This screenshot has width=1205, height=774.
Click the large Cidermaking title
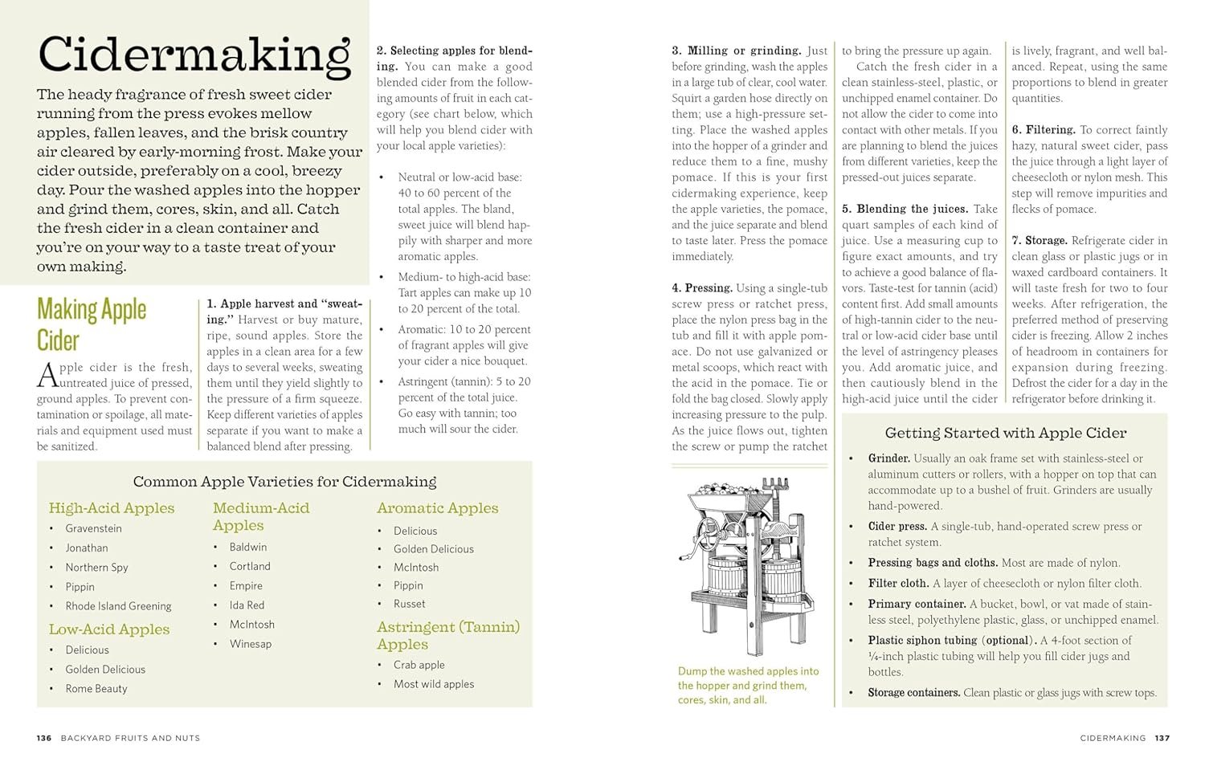coord(194,55)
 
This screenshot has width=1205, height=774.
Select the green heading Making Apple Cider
coord(92,324)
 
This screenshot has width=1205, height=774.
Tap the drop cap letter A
coord(47,375)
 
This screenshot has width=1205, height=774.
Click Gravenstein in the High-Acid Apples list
coord(94,528)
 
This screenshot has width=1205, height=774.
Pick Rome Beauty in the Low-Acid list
coord(96,688)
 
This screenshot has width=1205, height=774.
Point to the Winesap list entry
coord(251,643)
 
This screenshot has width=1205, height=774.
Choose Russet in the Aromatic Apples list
coord(410,604)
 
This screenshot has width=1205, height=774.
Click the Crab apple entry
coord(419,665)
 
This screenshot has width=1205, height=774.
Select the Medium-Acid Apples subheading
coord(261,516)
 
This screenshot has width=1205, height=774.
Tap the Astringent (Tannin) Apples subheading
coord(448,635)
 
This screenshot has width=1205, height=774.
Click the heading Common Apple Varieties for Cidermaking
coord(284,482)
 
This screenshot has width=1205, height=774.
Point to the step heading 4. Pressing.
coord(702,288)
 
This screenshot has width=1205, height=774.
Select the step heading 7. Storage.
coord(1040,241)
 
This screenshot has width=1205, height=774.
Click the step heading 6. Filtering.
coord(1044,130)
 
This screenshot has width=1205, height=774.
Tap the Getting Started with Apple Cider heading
coord(1005,433)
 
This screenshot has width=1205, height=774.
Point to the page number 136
coord(44,738)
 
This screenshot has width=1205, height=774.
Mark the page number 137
coord(1162,738)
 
